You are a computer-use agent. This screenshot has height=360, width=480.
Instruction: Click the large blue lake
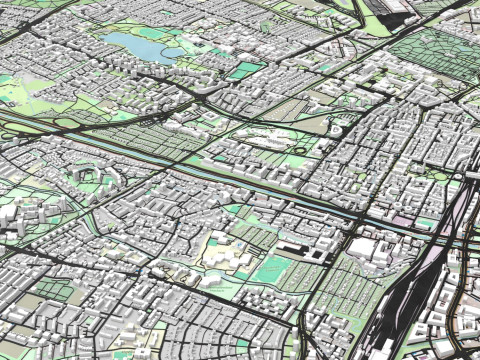coord(135,45)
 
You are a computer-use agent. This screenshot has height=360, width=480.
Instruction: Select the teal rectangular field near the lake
coord(242,71)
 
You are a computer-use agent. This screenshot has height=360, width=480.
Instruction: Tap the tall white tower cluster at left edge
coord(10,215)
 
